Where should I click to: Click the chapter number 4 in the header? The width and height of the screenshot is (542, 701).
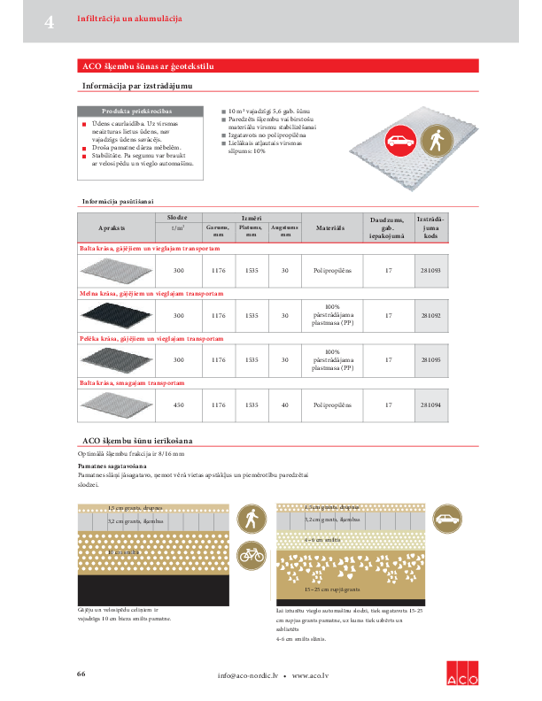tap(50, 21)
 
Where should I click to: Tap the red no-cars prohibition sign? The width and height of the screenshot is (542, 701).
tap(400, 140)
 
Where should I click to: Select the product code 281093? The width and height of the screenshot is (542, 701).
tap(431, 269)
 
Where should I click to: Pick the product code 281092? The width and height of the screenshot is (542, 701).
tap(431, 315)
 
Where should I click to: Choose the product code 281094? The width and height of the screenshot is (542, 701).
tap(431, 404)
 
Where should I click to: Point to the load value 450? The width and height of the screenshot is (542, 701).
tap(179, 404)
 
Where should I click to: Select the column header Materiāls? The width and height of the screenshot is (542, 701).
tap(330, 228)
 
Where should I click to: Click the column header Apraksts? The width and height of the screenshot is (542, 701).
tap(115, 228)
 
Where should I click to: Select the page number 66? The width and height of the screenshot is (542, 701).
tap(81, 674)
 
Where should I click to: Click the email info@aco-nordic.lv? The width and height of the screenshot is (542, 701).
tap(248, 676)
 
